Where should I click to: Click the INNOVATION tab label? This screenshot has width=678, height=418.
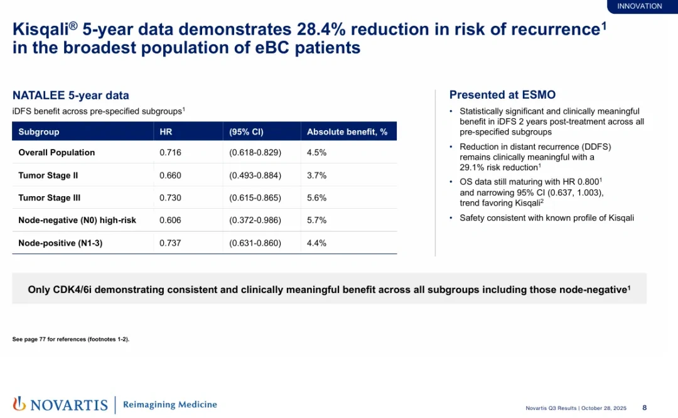click(x=639, y=6)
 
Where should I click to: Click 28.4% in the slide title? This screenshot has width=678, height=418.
click(x=321, y=30)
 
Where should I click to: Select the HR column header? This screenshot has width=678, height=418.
click(x=166, y=131)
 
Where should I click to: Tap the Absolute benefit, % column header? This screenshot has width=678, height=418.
click(x=347, y=131)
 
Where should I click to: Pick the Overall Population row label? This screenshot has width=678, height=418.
click(x=56, y=153)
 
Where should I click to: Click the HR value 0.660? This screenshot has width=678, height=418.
click(x=170, y=175)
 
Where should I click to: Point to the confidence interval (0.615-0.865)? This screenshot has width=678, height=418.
click(x=255, y=198)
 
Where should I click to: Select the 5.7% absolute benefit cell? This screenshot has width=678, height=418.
click(x=316, y=220)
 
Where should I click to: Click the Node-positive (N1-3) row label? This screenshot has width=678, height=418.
click(x=60, y=243)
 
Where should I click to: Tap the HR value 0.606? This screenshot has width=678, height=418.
click(x=170, y=220)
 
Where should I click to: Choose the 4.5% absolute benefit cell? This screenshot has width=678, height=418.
click(x=316, y=153)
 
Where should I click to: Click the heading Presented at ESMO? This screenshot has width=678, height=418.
click(x=502, y=95)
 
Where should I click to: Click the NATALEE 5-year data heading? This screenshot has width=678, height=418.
click(x=70, y=96)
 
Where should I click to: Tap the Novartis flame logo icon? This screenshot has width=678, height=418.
click(x=19, y=404)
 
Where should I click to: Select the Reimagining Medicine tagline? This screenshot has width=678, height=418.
click(x=170, y=405)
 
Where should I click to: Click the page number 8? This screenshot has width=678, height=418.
click(x=644, y=407)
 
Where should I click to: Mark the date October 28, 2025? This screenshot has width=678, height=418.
click(x=604, y=408)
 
